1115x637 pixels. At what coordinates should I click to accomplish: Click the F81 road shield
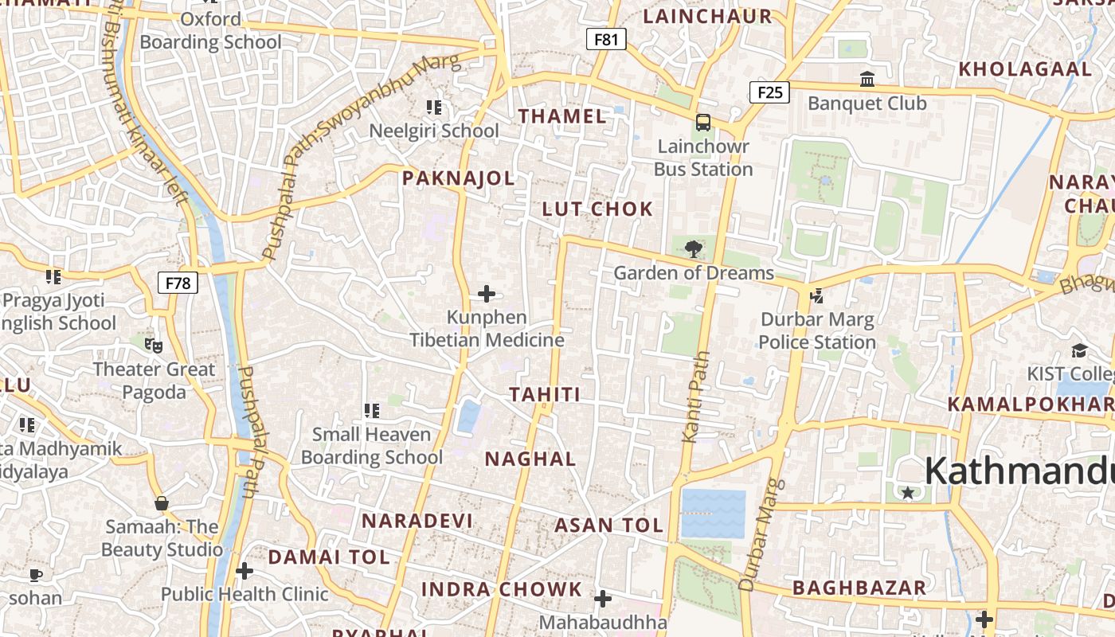[606, 39]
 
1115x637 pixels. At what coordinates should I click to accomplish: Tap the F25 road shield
[769, 92]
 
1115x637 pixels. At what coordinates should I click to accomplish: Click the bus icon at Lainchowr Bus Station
[702, 123]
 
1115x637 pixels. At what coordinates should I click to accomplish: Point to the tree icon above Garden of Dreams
[694, 248]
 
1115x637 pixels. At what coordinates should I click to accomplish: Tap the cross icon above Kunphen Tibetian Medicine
[487, 294]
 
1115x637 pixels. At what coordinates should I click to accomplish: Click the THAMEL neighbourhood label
[562, 116]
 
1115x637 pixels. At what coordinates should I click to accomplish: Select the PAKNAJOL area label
[458, 178]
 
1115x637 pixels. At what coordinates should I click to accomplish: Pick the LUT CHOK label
[597, 209]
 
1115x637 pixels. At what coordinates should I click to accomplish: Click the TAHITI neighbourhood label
[545, 394]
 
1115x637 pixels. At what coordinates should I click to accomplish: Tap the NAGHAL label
[530, 459]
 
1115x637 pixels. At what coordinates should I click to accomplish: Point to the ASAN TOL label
[608, 526]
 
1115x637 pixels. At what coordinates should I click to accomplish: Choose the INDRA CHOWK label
[502, 590]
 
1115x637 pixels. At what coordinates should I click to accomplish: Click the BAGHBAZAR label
[859, 588]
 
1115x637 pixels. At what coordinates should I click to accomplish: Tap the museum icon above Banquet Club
[867, 80]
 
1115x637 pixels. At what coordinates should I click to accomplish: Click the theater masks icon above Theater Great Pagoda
[154, 346]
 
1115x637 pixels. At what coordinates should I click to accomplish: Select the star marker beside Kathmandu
[907, 493]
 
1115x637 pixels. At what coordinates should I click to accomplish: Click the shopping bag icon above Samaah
[162, 503]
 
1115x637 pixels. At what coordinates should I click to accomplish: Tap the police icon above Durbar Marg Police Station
[816, 296]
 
